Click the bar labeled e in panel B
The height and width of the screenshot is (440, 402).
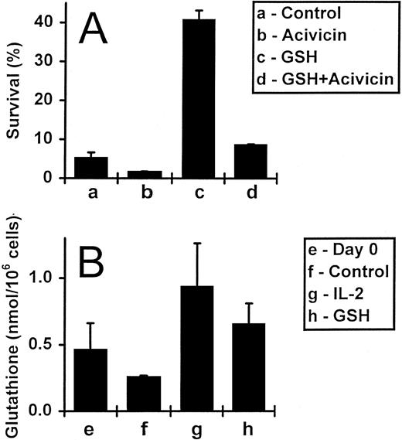pyautogui.click(x=97, y=380)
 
